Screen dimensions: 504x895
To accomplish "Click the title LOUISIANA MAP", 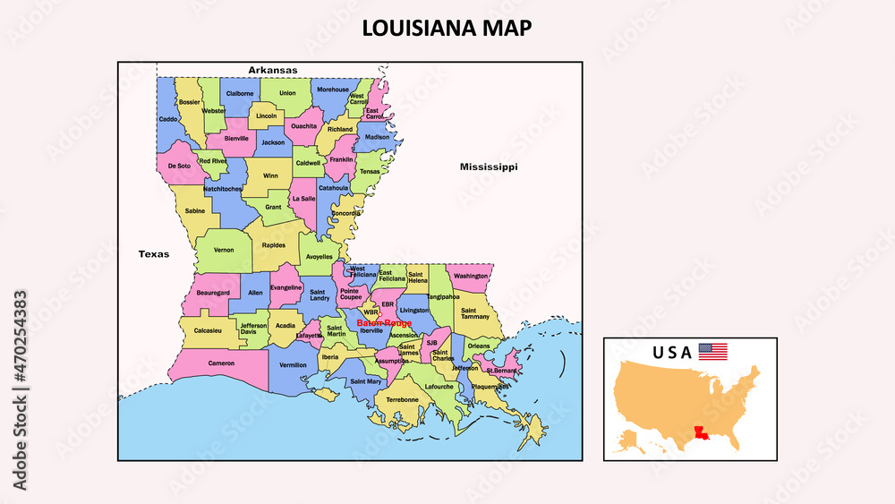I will click(x=447, y=28).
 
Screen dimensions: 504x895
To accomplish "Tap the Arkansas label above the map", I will click(x=273, y=70).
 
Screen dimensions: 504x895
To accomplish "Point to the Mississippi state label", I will click(x=489, y=167).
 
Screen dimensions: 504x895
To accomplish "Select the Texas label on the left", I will click(x=153, y=254).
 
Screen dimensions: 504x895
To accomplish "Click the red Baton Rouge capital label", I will click(x=383, y=322).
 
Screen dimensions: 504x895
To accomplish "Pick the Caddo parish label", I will click(x=168, y=118).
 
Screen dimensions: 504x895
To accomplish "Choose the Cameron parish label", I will click(x=221, y=363).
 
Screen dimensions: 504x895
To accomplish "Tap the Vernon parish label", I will click(x=224, y=250).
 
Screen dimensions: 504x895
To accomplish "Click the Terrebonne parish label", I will click(x=402, y=399).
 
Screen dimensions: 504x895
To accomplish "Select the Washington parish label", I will click(x=471, y=276).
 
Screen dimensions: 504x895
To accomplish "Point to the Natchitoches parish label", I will click(x=223, y=189).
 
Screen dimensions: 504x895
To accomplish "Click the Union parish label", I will click(x=287, y=92).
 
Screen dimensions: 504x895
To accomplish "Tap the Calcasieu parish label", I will click(x=208, y=330).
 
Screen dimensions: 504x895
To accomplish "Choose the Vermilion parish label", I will click(x=293, y=365).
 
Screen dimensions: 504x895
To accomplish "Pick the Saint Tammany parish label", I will click(x=475, y=312).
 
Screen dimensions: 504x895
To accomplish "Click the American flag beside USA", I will click(x=712, y=352).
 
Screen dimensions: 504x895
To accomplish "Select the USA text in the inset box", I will click(x=672, y=353).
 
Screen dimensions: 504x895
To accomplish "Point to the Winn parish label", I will click(x=270, y=175).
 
